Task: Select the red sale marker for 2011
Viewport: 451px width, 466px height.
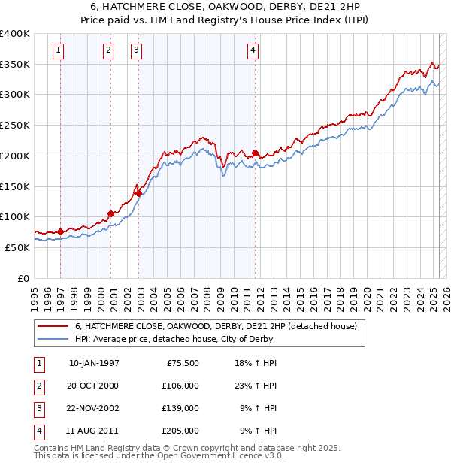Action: [256, 153]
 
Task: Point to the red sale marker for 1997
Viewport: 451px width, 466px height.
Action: [60, 231]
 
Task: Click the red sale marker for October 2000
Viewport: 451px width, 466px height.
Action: [110, 213]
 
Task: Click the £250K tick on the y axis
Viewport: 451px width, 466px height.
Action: [15, 126]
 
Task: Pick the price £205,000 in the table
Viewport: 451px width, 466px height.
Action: [180, 431]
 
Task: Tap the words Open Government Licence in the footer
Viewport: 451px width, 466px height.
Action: [218, 455]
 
